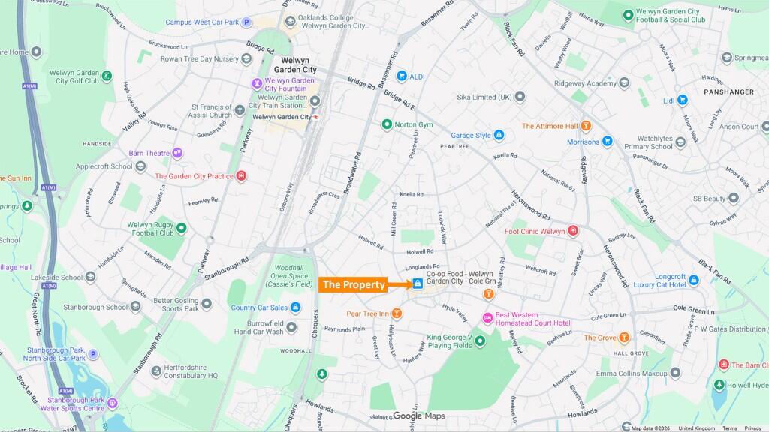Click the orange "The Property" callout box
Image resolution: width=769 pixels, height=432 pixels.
pos(354,284)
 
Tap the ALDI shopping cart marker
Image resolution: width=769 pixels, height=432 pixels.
pos(402,76)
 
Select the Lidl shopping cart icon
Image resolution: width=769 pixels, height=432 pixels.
pos(682,100)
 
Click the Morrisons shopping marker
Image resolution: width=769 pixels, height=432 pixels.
pos(608,142)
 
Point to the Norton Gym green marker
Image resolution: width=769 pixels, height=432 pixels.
pos(387,124)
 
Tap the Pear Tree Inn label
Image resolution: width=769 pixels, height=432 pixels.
pos(367,313)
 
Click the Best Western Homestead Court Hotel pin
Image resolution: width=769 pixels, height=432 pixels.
pos(487,318)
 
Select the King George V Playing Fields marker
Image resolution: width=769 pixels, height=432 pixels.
pos(480,342)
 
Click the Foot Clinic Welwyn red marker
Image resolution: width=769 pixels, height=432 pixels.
pos(573,231)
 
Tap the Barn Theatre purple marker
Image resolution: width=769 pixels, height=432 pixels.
pos(177,153)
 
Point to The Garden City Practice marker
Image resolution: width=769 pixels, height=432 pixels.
pos(241,176)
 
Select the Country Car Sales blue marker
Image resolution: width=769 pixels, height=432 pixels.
pos(296,307)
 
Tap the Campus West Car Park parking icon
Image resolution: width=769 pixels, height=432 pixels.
pos(246,22)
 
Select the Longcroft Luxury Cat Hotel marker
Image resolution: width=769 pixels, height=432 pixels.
pos(693,280)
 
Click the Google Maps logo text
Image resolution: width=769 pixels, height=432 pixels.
pos(418,416)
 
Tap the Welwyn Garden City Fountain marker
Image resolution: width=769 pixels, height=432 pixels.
pos(258,83)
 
